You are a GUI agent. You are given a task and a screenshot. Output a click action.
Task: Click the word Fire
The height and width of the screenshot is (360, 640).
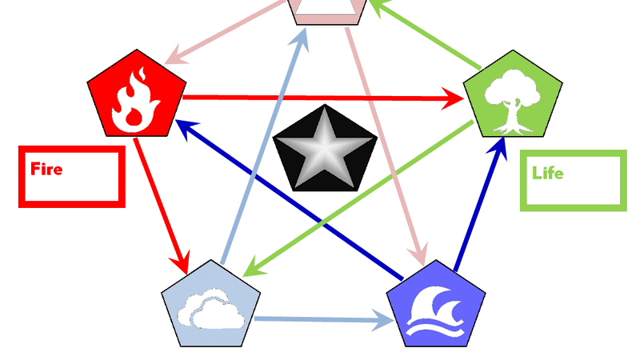point(46,169)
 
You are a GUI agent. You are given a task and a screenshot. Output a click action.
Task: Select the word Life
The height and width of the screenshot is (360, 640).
point(547,173)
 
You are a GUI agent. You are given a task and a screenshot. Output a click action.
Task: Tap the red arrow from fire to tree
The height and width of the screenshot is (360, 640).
point(320,98)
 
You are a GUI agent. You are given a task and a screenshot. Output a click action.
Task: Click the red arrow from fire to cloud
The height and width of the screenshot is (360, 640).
point(161,204)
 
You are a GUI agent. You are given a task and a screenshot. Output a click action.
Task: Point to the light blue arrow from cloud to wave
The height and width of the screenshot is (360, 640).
point(320,321)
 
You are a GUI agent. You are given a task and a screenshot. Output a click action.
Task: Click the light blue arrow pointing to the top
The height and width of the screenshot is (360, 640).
point(264,144)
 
